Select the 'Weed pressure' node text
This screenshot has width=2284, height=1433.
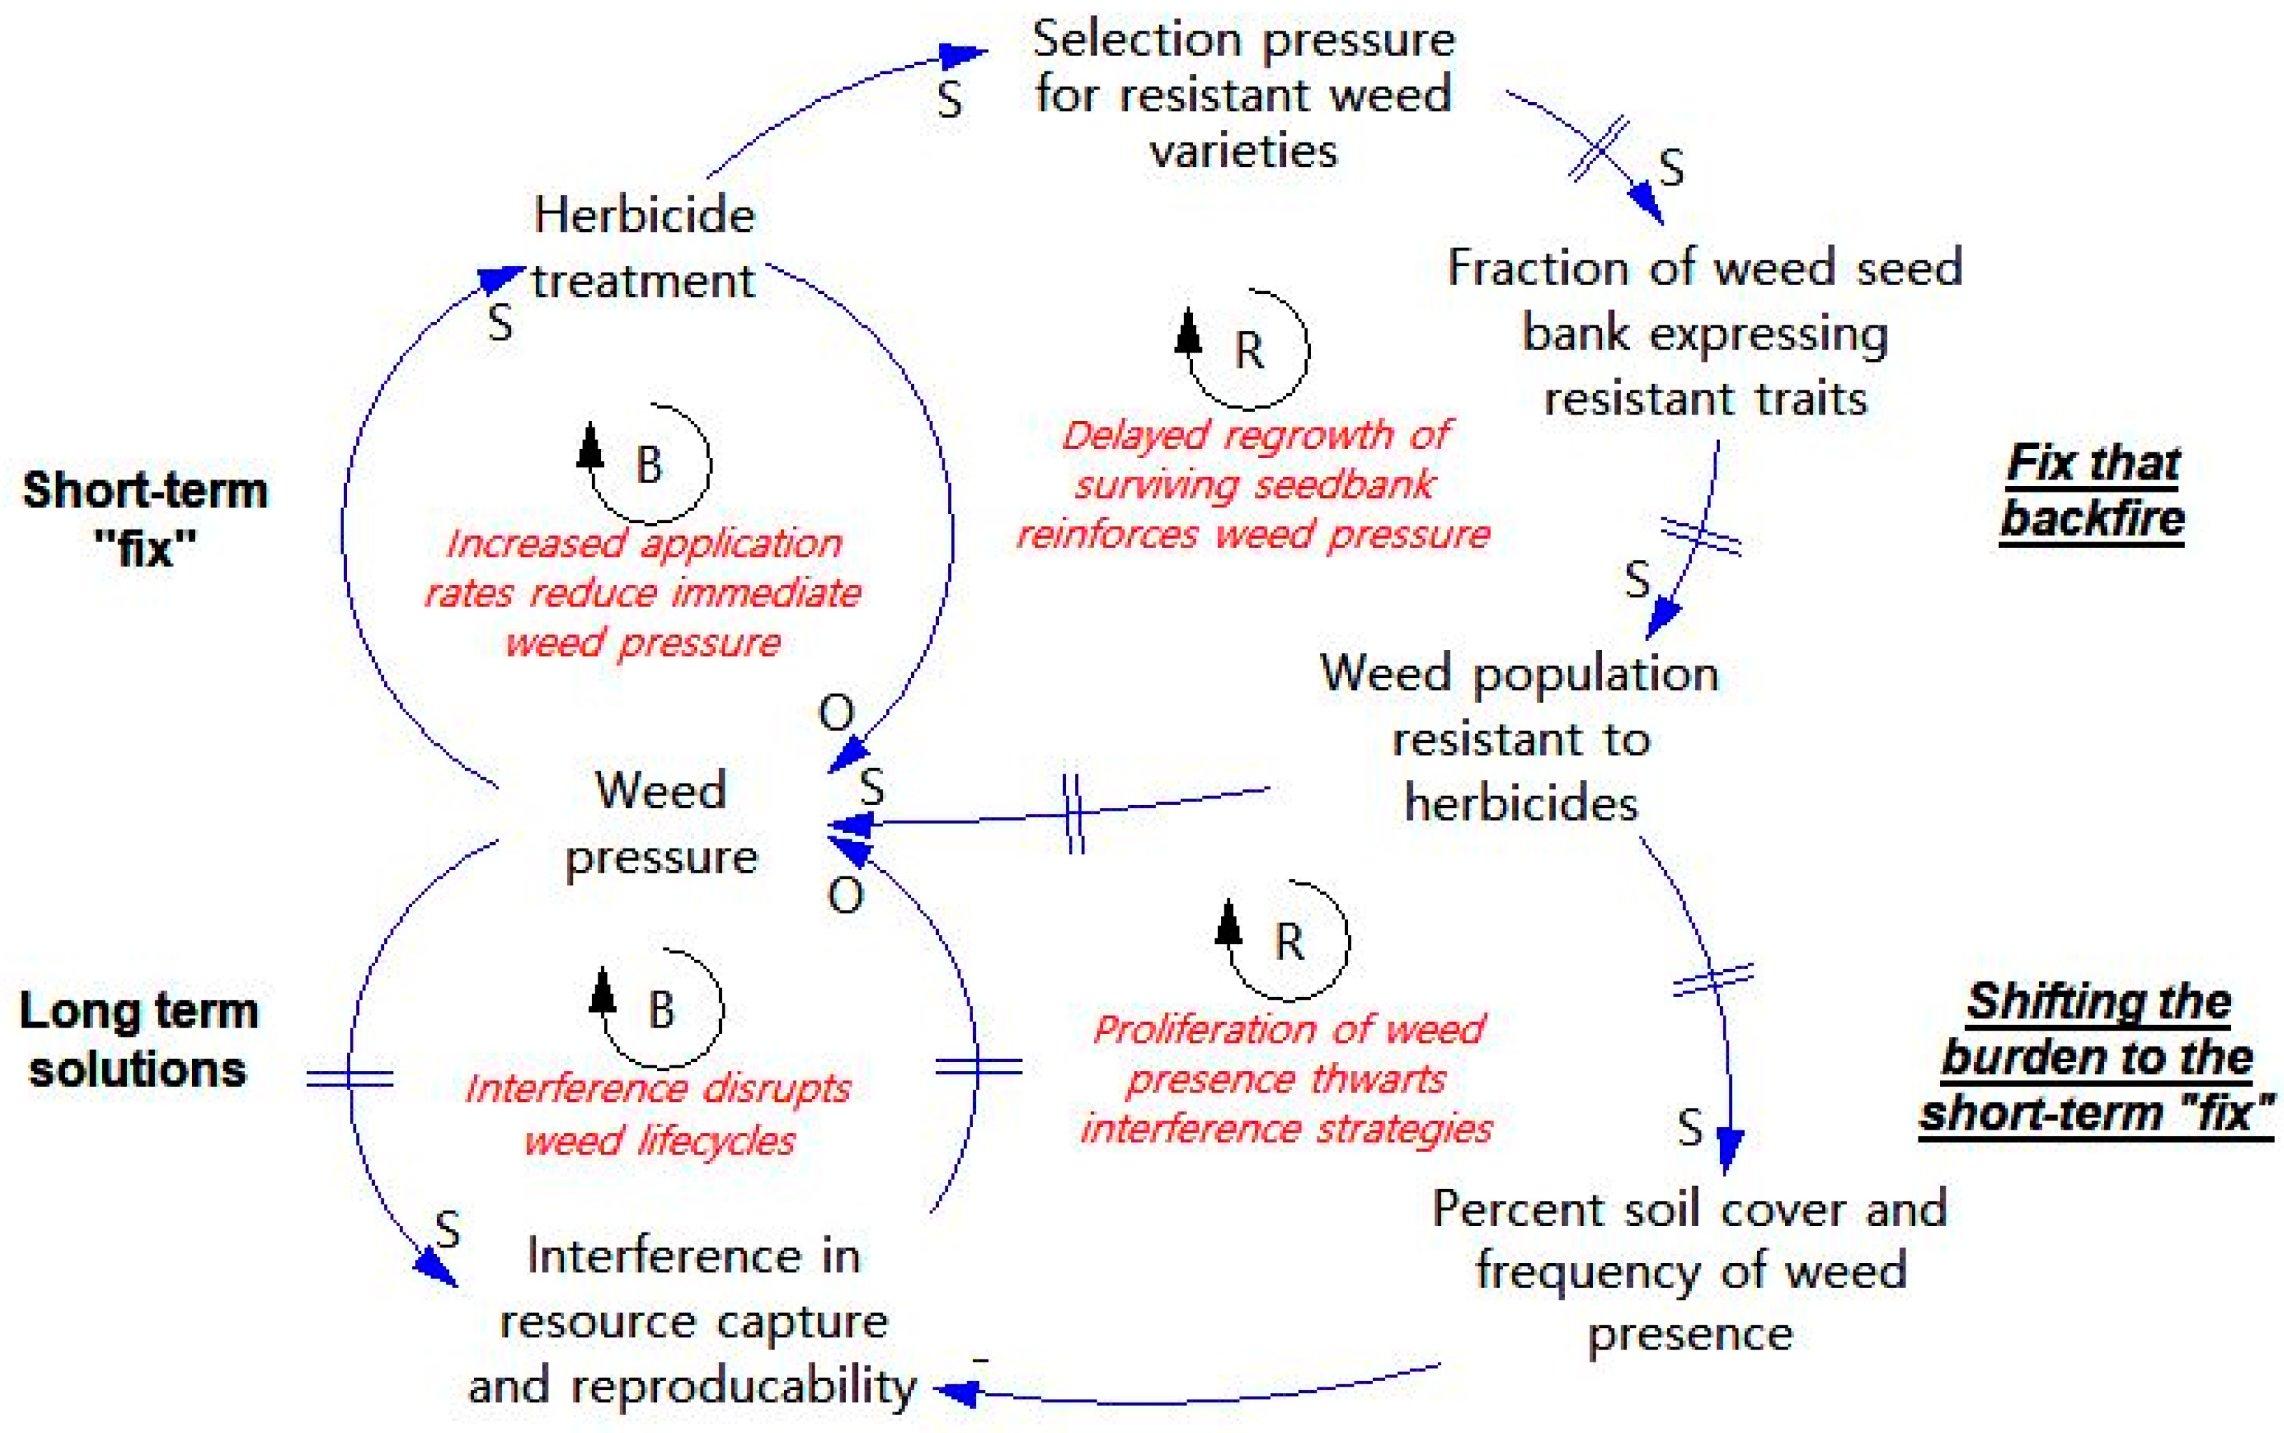(x=661, y=823)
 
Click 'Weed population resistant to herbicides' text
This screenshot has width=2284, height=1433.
(x=1520, y=739)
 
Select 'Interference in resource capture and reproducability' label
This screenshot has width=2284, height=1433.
(x=692, y=1320)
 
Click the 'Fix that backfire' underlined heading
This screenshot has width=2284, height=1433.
(x=2093, y=491)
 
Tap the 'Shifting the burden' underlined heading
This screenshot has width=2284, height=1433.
(x=2096, y=1057)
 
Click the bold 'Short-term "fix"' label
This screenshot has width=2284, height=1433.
(x=145, y=518)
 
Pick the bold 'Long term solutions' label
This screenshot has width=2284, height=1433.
(x=139, y=1039)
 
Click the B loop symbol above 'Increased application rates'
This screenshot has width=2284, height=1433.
(x=648, y=465)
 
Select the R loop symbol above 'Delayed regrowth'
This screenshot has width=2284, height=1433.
(x=1248, y=350)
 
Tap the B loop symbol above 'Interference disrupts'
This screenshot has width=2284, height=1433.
(x=661, y=1008)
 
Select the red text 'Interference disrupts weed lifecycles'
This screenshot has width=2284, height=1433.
(x=658, y=1113)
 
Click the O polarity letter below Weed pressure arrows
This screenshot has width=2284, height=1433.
(x=845, y=895)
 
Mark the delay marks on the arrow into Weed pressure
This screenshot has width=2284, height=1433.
(x=1072, y=813)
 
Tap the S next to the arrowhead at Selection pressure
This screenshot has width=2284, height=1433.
(x=949, y=99)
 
